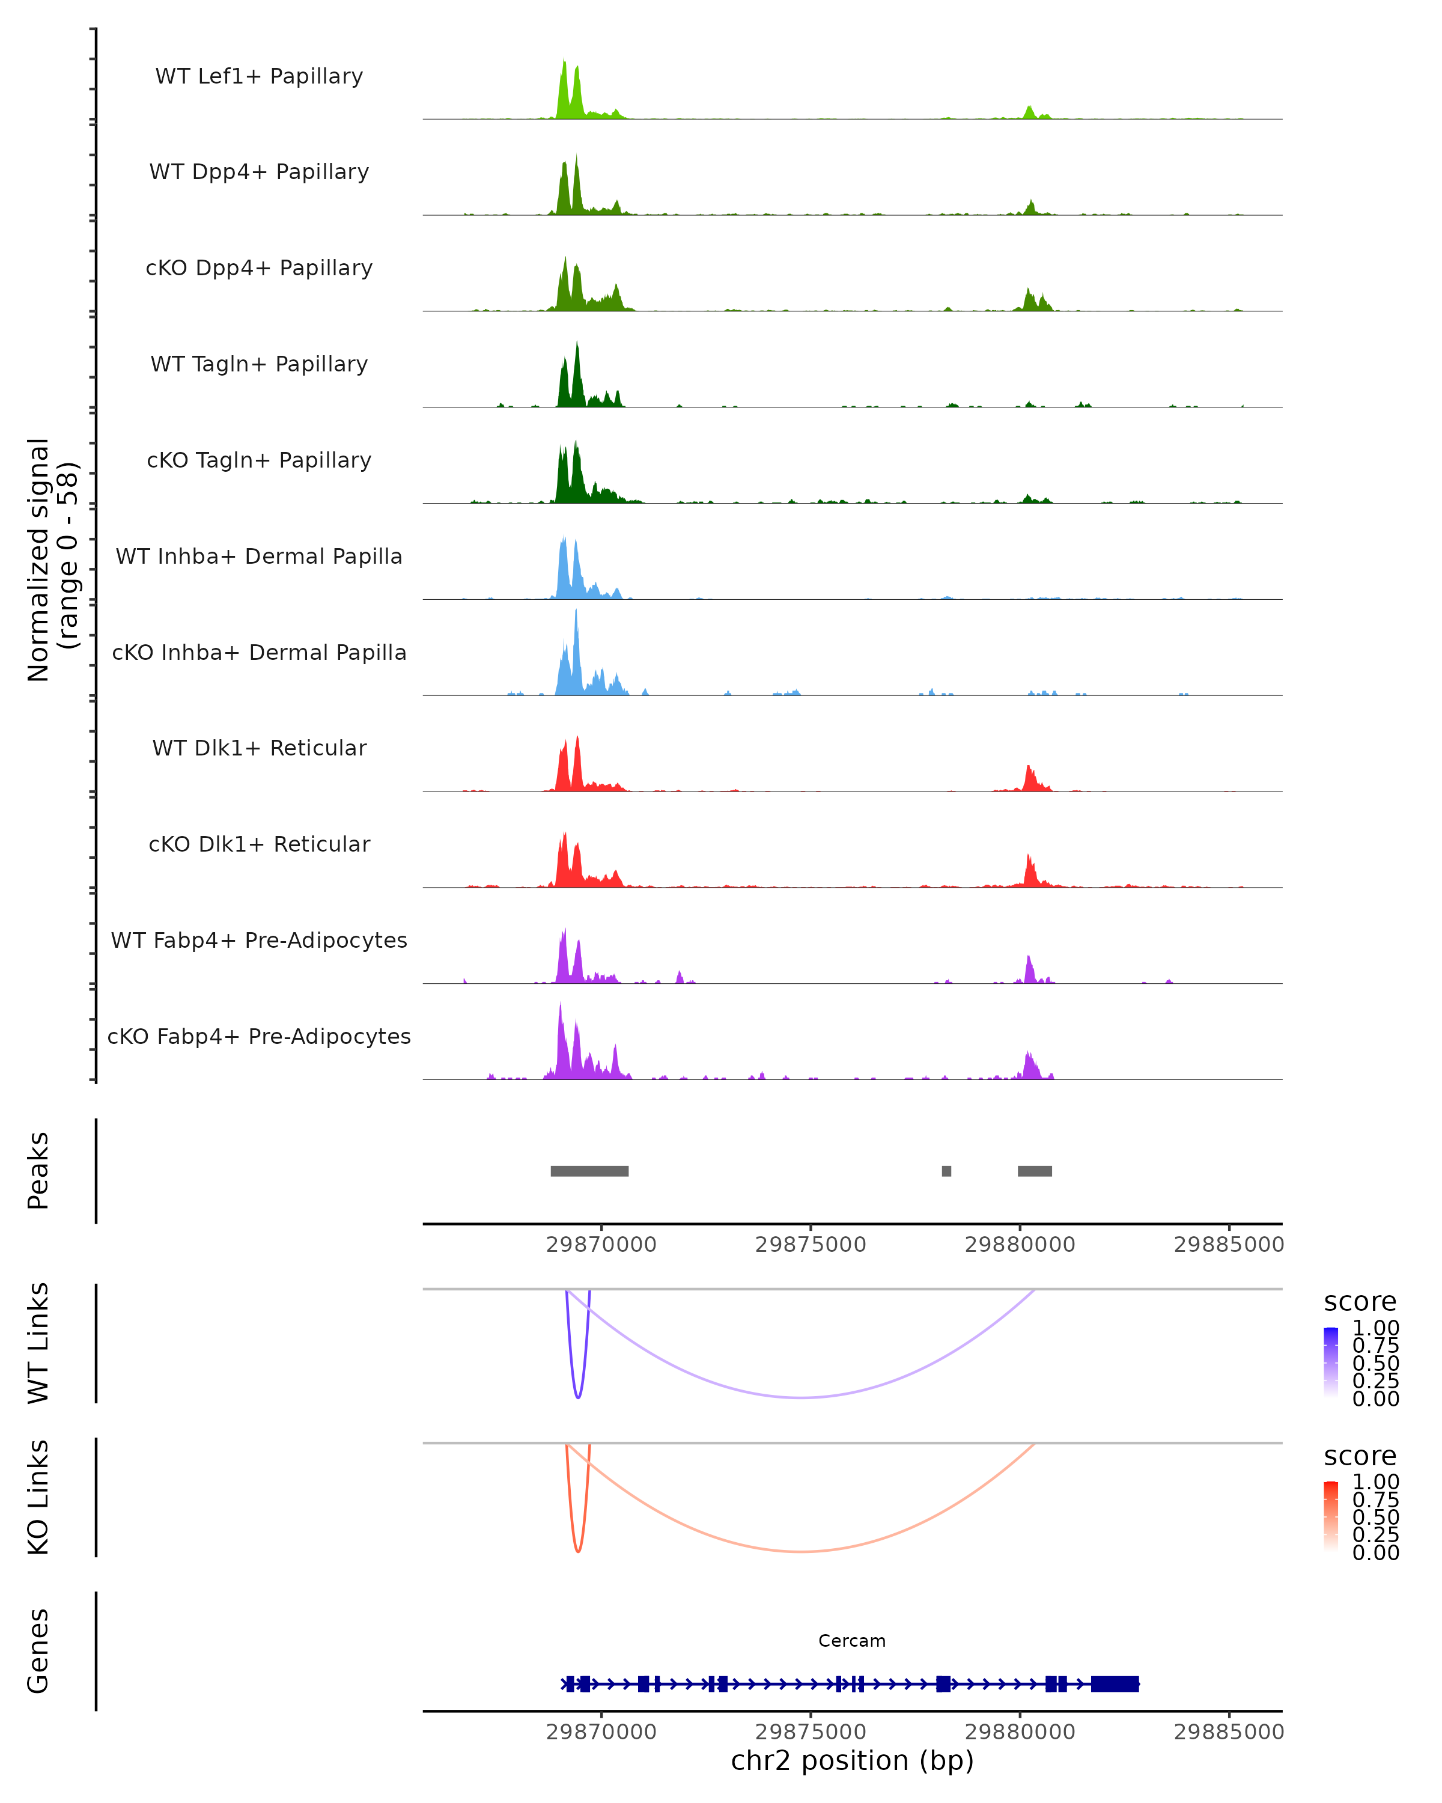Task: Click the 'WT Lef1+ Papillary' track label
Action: coord(259,76)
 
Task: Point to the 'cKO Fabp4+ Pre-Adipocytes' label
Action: coord(259,1036)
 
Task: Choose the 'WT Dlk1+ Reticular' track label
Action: coord(259,748)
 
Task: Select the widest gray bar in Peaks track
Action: coord(589,1171)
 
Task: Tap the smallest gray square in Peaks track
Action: coord(946,1171)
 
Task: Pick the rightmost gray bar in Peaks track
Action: coord(1035,1171)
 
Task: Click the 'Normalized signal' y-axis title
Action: coord(38,560)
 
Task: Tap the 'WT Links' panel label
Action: coord(38,1343)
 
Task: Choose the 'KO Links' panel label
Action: coord(38,1497)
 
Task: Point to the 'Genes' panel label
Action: coord(38,1651)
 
